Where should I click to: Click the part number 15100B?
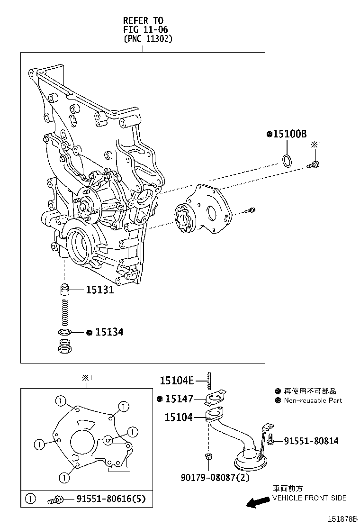[x=289, y=134]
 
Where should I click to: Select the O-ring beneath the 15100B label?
[x=286, y=161]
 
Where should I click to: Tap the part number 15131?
[x=100, y=290]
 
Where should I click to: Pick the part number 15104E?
[x=176, y=380]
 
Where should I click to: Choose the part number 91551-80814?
[x=311, y=441]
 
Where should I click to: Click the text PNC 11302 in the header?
[x=148, y=39]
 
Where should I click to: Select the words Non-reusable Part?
[x=313, y=400]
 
